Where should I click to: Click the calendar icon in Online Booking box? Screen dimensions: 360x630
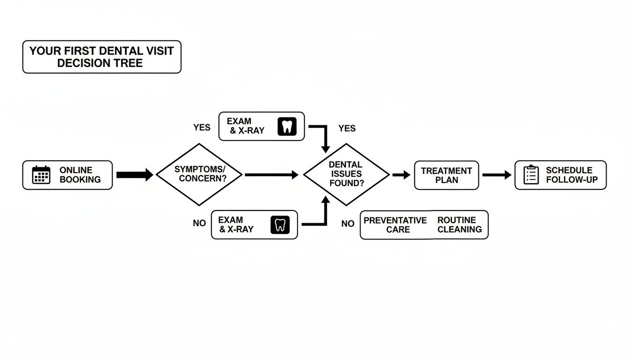click(x=41, y=175)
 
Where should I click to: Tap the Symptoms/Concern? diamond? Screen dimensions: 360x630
click(x=199, y=175)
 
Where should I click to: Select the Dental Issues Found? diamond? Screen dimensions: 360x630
click(x=346, y=174)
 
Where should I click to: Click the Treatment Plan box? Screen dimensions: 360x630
click(x=446, y=175)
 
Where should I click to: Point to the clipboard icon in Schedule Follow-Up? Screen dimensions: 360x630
click(x=531, y=175)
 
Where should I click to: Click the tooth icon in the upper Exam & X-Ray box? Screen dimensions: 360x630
click(x=287, y=127)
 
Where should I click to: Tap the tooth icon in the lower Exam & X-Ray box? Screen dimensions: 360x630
click(x=280, y=225)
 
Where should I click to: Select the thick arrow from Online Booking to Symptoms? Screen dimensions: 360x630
click(x=134, y=175)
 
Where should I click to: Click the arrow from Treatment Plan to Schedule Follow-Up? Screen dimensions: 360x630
click(x=496, y=175)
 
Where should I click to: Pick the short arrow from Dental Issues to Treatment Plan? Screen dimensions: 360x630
click(x=401, y=175)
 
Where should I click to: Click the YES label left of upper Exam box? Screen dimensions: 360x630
click(x=202, y=127)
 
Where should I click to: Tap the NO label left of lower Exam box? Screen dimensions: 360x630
click(x=199, y=224)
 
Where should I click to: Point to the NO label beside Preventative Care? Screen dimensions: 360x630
click(x=348, y=224)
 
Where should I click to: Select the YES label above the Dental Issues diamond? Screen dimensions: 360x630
click(x=347, y=128)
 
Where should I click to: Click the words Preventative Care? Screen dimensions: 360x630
click(x=395, y=225)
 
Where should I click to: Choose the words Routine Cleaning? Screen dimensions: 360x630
click(x=459, y=225)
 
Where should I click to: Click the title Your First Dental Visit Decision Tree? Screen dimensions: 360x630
click(x=102, y=57)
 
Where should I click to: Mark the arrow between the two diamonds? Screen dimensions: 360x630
click(x=271, y=175)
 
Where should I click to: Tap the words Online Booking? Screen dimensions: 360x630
click(x=80, y=175)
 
